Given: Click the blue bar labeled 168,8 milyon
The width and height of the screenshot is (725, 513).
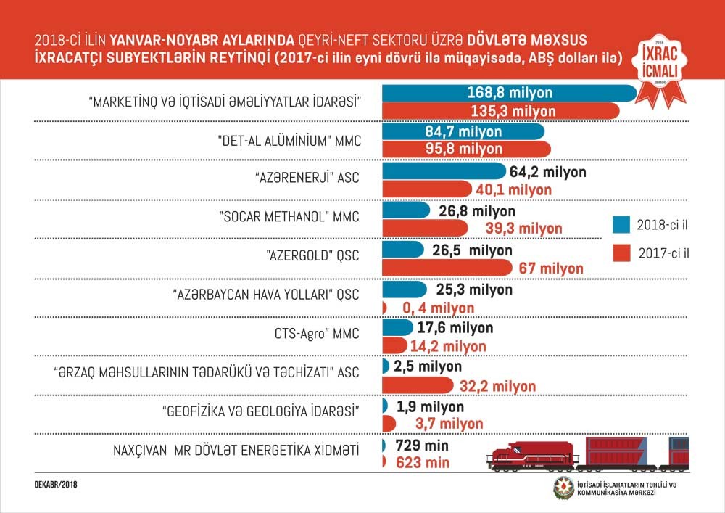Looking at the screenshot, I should [x=507, y=93].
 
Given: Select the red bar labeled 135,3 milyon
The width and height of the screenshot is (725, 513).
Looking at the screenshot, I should [x=500, y=111].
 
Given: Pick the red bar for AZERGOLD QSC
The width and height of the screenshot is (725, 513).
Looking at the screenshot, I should [x=449, y=268].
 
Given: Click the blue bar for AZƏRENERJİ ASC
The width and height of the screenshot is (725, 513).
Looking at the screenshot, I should [x=443, y=172].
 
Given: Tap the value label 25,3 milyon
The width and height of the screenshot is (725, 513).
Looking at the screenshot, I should [x=471, y=290].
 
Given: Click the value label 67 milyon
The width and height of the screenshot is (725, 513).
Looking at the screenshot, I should [x=551, y=268].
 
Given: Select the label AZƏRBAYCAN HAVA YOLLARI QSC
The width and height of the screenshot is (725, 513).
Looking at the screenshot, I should [x=267, y=295].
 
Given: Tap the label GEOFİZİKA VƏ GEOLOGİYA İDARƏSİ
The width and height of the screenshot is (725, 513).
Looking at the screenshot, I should [x=262, y=411].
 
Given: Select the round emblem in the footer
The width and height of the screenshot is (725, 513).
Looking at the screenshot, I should [x=563, y=488].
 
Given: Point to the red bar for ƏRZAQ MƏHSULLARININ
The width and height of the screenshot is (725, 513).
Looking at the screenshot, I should [x=416, y=384].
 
